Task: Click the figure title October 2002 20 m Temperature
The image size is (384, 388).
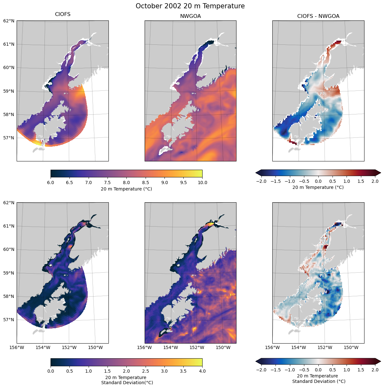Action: click(190, 6)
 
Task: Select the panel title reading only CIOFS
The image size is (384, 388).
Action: click(63, 14)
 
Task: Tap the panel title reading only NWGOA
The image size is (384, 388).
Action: click(190, 16)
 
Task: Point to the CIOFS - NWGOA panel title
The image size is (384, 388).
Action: click(318, 16)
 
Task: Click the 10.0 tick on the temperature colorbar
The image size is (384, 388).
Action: click(202, 182)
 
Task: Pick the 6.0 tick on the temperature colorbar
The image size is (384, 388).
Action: click(51, 182)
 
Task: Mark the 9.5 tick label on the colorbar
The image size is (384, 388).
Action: click(183, 182)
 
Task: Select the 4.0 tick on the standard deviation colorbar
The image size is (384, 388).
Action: click(202, 371)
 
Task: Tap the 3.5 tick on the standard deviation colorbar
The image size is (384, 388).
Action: click(183, 371)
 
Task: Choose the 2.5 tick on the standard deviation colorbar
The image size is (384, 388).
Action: click(145, 371)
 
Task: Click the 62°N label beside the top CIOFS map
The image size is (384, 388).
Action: click(9, 21)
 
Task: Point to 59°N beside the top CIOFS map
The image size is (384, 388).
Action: click(9, 91)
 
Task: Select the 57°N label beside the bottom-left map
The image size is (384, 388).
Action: click(9, 320)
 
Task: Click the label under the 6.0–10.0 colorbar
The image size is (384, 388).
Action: click(126, 189)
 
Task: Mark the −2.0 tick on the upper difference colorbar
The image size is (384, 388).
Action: click(261, 181)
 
